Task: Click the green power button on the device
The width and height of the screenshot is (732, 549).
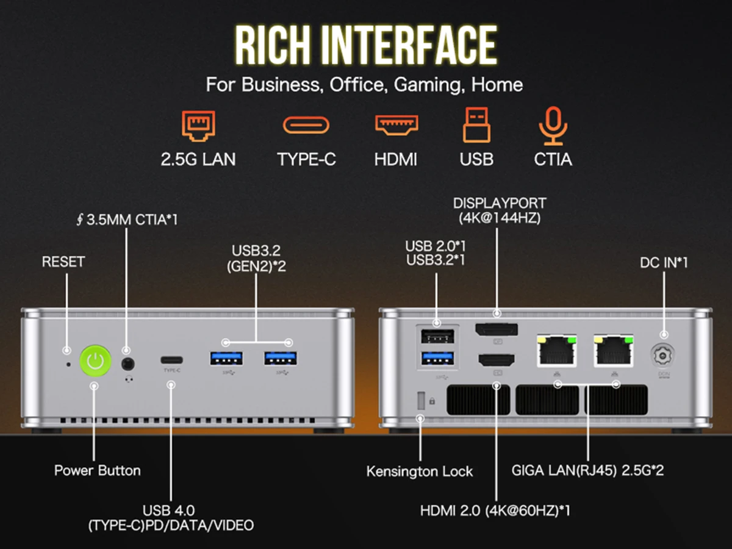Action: pyautogui.click(x=96, y=362)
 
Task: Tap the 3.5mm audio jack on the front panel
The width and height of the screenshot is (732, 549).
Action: pyautogui.click(x=127, y=365)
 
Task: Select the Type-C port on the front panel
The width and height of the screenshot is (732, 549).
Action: pyautogui.click(x=172, y=359)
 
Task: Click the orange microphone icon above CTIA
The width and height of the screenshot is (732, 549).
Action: pyautogui.click(x=553, y=126)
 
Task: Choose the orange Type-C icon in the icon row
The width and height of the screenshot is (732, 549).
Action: pyautogui.click(x=306, y=125)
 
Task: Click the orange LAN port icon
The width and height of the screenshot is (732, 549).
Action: pyautogui.click(x=198, y=126)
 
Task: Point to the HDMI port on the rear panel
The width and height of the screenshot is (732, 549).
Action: pyautogui.click(x=497, y=360)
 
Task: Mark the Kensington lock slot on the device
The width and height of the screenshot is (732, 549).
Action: pyautogui.click(x=420, y=401)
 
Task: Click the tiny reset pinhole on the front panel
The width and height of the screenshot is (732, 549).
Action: pyautogui.click(x=68, y=365)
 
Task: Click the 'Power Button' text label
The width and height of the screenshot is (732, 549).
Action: pyautogui.click(x=98, y=470)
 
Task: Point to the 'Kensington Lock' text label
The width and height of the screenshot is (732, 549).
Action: pyautogui.click(x=420, y=472)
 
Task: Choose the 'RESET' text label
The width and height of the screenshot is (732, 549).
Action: pyautogui.click(x=63, y=262)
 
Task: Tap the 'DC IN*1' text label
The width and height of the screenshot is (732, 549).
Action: pyautogui.click(x=664, y=262)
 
